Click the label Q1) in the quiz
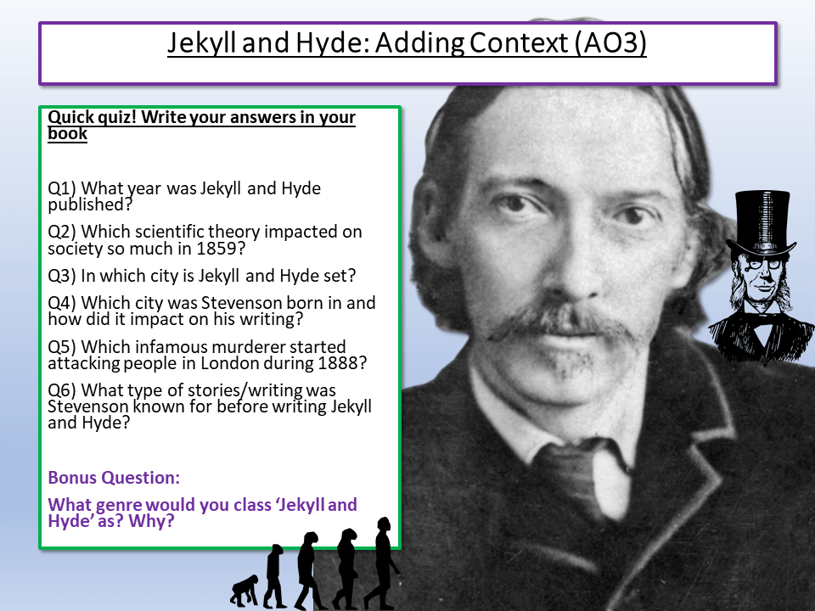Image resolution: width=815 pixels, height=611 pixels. pyautogui.click(x=63, y=188)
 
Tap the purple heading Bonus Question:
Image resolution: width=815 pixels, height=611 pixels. pyautogui.click(x=114, y=477)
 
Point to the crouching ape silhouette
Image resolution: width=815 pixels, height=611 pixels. pyautogui.click(x=244, y=591)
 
